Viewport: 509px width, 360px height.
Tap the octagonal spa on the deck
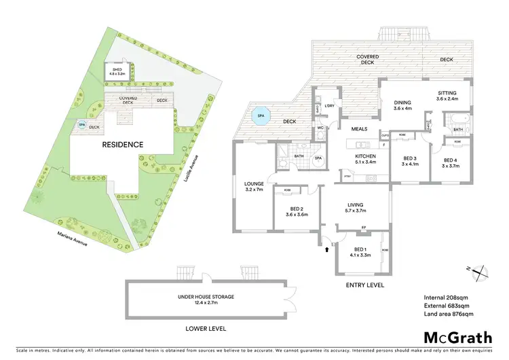(x=259, y=116)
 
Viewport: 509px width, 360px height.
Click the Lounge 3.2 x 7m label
(x=254, y=186)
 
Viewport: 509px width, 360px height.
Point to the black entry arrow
(x=327, y=250)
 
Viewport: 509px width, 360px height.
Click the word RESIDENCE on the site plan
(x=123, y=145)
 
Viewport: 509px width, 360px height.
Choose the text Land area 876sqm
(x=449, y=314)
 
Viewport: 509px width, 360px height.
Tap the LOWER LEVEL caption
(x=206, y=328)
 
